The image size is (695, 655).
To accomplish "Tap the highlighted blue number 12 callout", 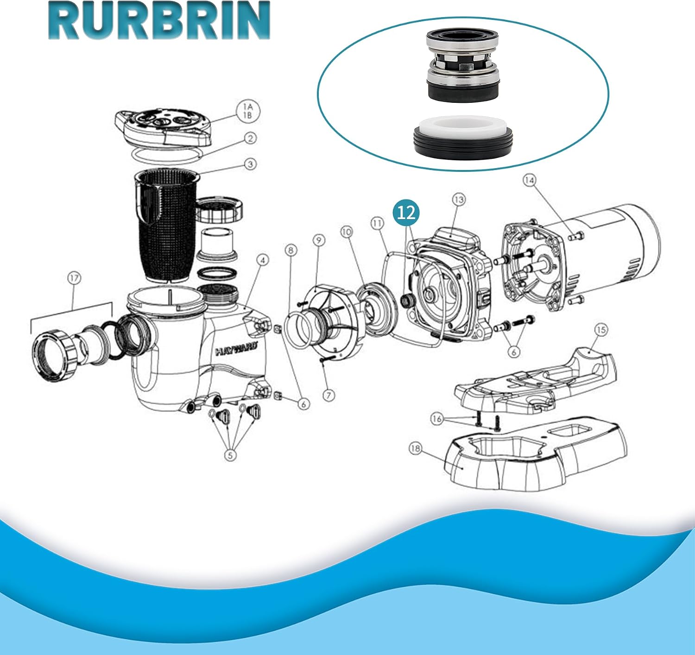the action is point(406,212).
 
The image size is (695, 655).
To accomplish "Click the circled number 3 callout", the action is point(250,164).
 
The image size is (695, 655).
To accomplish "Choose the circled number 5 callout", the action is point(230,455).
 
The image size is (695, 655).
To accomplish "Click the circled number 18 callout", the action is point(416,448).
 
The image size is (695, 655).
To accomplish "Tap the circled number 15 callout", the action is point(601,330).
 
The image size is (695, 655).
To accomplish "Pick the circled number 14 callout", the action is point(529,180).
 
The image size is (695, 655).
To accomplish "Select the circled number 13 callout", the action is point(459,200).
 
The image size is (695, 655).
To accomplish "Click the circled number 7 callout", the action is point(328,396).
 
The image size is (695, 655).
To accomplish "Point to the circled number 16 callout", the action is point(437,419).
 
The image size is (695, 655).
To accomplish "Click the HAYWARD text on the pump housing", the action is point(237,349).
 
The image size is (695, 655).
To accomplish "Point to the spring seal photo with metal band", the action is point(462,63).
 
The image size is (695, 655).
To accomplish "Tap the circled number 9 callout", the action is point(319,240).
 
